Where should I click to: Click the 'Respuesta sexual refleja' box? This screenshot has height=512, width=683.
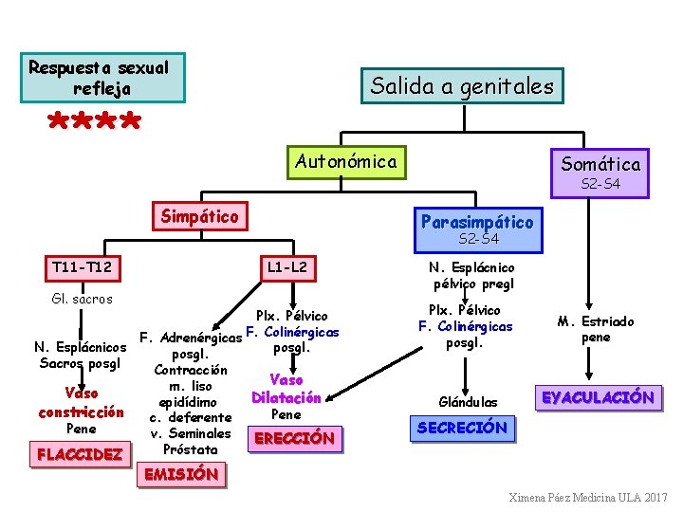click(99, 78)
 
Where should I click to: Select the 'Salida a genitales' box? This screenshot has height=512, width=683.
click(461, 86)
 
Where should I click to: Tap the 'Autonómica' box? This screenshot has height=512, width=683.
click(346, 161)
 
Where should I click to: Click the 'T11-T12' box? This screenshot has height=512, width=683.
click(83, 268)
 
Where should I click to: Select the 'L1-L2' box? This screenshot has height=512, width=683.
click(287, 268)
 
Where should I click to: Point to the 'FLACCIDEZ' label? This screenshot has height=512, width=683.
click(80, 454)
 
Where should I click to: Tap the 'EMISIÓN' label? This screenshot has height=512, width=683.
click(181, 473)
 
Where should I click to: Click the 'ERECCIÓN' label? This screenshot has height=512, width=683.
click(295, 438)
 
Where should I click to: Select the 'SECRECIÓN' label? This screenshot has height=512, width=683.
click(462, 428)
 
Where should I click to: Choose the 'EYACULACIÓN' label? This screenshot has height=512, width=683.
click(598, 397)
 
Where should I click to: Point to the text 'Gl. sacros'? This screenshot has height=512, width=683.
click(82, 299)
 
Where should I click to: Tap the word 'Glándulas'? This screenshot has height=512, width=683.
click(467, 402)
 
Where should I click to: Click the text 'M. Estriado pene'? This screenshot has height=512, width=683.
click(596, 329)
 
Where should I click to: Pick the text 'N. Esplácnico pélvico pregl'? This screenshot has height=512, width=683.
click(471, 275)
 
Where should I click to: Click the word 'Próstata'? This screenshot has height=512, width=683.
click(191, 448)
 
